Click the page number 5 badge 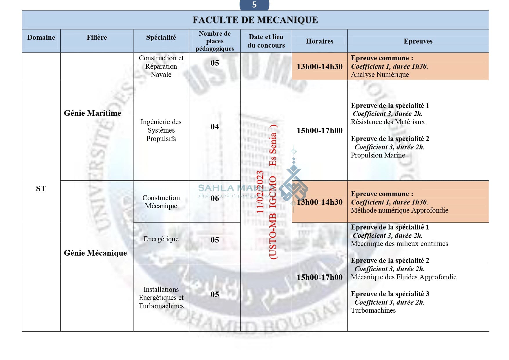(254, 5)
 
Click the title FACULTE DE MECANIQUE (255, 20)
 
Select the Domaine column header (41, 37)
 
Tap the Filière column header (97, 37)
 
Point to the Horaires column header (320, 41)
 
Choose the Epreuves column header (418, 41)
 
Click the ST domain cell (41, 189)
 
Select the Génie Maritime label (93, 113)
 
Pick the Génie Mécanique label (95, 253)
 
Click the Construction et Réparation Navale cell (161, 66)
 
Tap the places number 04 (215, 127)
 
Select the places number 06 (215, 198)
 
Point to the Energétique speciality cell (161, 239)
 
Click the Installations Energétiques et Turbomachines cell (161, 298)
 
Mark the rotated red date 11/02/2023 (260, 192)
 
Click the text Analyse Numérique (380, 75)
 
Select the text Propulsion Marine (378, 155)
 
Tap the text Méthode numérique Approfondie (399, 210)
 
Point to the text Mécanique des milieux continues (399, 244)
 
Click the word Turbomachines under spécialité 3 (373, 310)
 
